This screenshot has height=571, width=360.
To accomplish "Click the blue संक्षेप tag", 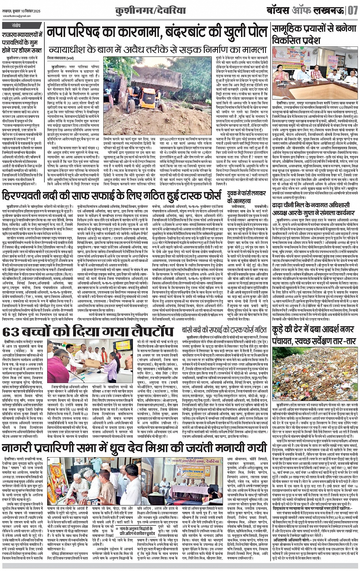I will click(x=16, y=26).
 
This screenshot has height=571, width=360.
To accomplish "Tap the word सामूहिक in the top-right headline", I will click(x=290, y=29).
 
